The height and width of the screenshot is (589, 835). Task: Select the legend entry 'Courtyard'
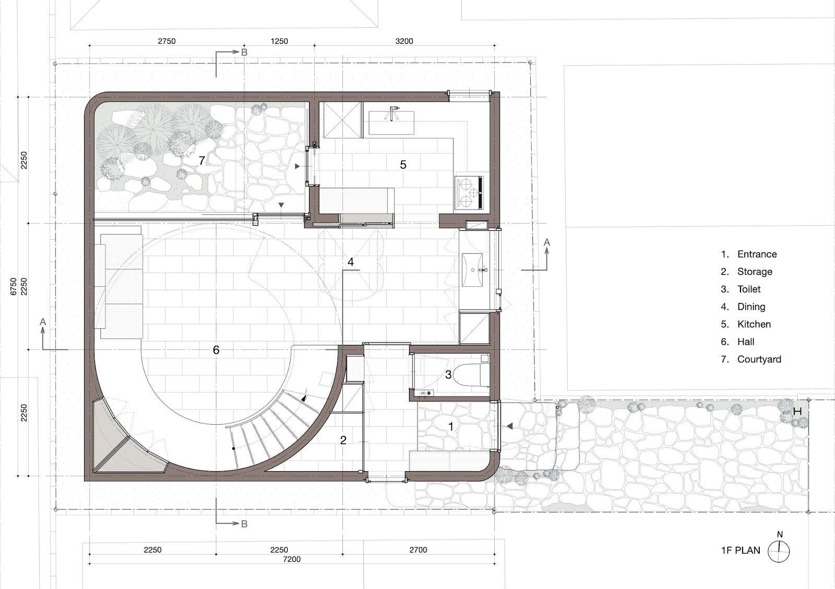click(x=759, y=359)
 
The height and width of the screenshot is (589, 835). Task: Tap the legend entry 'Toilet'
click(x=749, y=289)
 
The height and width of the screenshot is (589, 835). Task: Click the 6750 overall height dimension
click(x=14, y=286)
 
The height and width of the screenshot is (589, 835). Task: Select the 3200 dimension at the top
click(x=404, y=41)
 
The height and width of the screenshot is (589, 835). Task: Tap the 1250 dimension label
click(x=279, y=41)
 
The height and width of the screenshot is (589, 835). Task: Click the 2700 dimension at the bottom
click(x=418, y=549)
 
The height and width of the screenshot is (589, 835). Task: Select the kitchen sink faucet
click(x=393, y=113)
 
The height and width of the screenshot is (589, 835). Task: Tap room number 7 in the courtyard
click(x=201, y=161)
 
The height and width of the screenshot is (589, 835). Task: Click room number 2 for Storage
click(x=343, y=440)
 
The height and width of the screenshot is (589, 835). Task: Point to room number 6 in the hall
click(x=216, y=350)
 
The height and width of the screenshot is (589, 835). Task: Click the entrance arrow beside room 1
click(x=509, y=426)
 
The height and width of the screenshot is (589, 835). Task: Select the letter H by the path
click(x=797, y=411)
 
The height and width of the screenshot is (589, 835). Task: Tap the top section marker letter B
click(x=244, y=53)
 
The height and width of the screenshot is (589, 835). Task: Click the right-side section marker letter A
click(x=547, y=242)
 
